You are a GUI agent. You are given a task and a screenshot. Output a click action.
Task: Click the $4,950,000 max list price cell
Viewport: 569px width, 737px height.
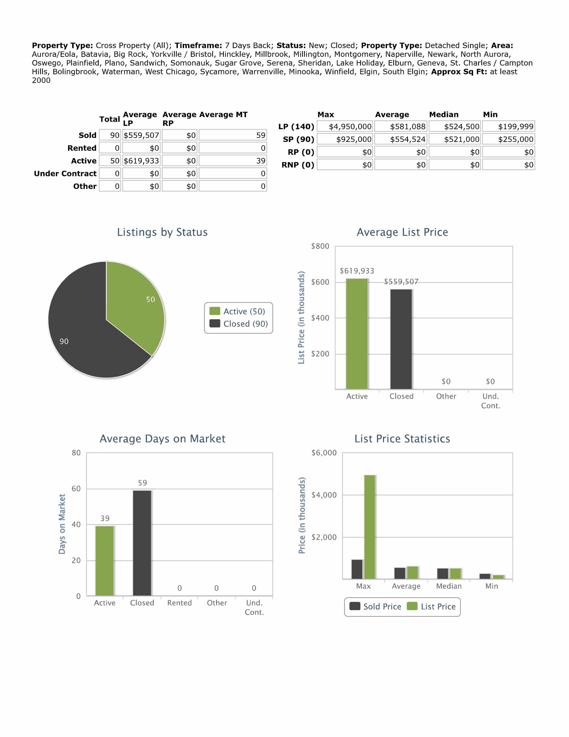(345, 127)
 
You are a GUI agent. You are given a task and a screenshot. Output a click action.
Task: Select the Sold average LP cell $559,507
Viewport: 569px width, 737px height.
(141, 135)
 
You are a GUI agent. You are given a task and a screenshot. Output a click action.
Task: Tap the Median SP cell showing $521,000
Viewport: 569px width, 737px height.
(455, 139)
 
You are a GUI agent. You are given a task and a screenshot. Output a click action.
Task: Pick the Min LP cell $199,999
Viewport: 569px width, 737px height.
(508, 127)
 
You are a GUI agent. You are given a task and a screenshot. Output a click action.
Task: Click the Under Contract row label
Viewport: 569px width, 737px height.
(65, 173)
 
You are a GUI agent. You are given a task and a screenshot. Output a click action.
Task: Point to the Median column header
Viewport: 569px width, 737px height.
(444, 114)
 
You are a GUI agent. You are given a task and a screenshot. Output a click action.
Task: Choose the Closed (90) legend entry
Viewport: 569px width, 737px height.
(239, 324)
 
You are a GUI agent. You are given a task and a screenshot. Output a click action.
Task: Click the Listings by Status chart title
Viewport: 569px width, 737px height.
(162, 232)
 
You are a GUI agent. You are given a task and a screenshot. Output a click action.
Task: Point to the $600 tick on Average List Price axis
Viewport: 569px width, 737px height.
(320, 282)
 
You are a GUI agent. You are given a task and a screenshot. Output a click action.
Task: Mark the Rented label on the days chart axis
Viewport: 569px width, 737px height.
(180, 603)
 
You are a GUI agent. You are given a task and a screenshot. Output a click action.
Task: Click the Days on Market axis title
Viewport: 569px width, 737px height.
(62, 524)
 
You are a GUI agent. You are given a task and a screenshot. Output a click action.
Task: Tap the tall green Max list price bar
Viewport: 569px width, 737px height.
(370, 527)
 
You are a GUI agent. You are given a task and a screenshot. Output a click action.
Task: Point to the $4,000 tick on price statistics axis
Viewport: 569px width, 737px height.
(324, 495)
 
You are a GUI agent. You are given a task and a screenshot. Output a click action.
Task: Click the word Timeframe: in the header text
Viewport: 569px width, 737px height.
(198, 45)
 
